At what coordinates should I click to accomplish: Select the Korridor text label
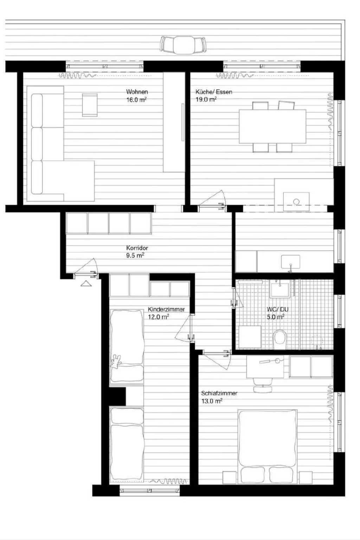click(x=137, y=248)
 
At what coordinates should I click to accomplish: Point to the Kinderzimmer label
click(x=166, y=309)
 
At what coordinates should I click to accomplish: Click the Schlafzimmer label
click(x=219, y=393)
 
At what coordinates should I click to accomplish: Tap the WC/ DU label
click(x=277, y=309)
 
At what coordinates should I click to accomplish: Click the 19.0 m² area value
click(x=206, y=99)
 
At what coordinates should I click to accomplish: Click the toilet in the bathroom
click(x=280, y=338)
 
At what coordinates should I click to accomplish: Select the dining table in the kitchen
click(x=272, y=127)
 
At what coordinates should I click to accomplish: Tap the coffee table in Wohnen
click(x=90, y=104)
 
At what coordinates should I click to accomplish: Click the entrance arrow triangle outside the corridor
click(x=86, y=283)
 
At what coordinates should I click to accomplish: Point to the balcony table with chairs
click(x=183, y=45)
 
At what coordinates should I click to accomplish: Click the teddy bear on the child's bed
click(x=116, y=361)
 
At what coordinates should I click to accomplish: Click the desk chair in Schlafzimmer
click(x=263, y=385)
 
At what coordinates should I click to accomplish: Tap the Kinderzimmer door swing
click(x=184, y=329)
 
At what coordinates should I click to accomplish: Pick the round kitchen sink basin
click(x=296, y=201)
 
